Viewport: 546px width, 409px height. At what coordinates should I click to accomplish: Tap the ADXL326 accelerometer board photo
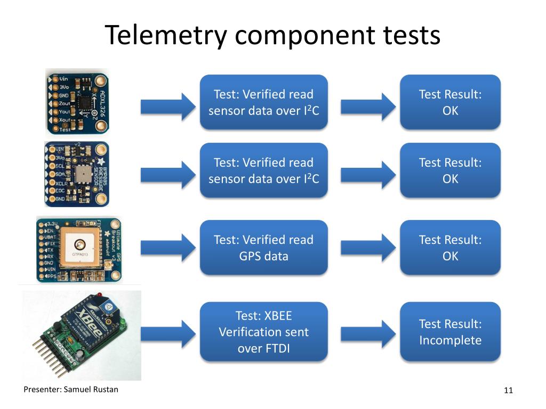[77, 101]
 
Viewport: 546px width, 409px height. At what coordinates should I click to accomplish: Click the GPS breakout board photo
[78, 249]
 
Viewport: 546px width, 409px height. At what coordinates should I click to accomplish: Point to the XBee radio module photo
[80, 333]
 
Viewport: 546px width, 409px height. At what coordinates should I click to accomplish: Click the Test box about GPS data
[263, 248]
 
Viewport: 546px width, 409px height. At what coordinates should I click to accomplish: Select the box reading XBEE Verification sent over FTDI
[263, 332]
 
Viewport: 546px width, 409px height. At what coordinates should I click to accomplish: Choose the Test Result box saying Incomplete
[450, 332]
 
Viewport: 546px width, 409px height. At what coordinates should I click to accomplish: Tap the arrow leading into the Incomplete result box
[368, 332]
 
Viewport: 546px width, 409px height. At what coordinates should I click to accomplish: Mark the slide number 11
[508, 391]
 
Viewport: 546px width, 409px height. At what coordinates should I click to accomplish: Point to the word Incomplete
[450, 340]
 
